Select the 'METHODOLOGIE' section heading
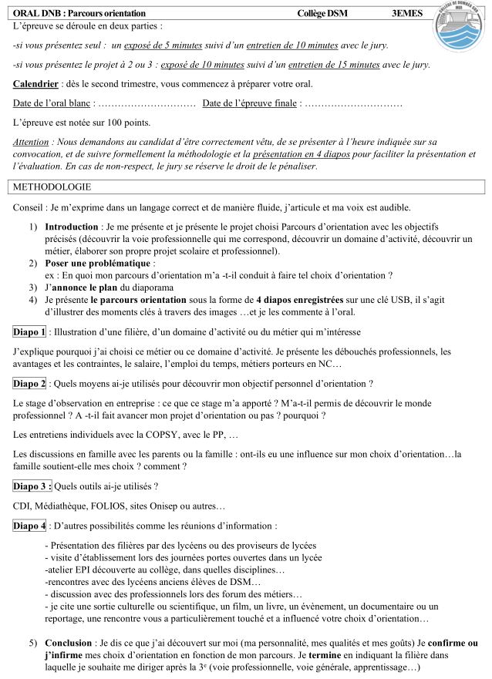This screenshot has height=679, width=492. [x=52, y=187]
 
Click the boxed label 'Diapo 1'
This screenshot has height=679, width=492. [x=29, y=332]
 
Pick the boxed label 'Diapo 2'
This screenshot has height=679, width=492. [x=29, y=383]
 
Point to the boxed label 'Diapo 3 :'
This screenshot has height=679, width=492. [x=32, y=486]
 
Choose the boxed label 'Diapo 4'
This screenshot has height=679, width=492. [x=29, y=526]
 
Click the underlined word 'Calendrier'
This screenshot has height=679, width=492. [x=35, y=83]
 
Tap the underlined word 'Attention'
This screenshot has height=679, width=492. [x=31, y=143]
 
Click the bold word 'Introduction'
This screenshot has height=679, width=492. [x=72, y=227]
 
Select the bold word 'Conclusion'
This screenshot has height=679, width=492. [x=68, y=642]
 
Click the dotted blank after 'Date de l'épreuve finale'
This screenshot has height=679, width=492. [x=353, y=103]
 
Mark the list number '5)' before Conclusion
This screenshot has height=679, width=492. [x=33, y=642]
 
